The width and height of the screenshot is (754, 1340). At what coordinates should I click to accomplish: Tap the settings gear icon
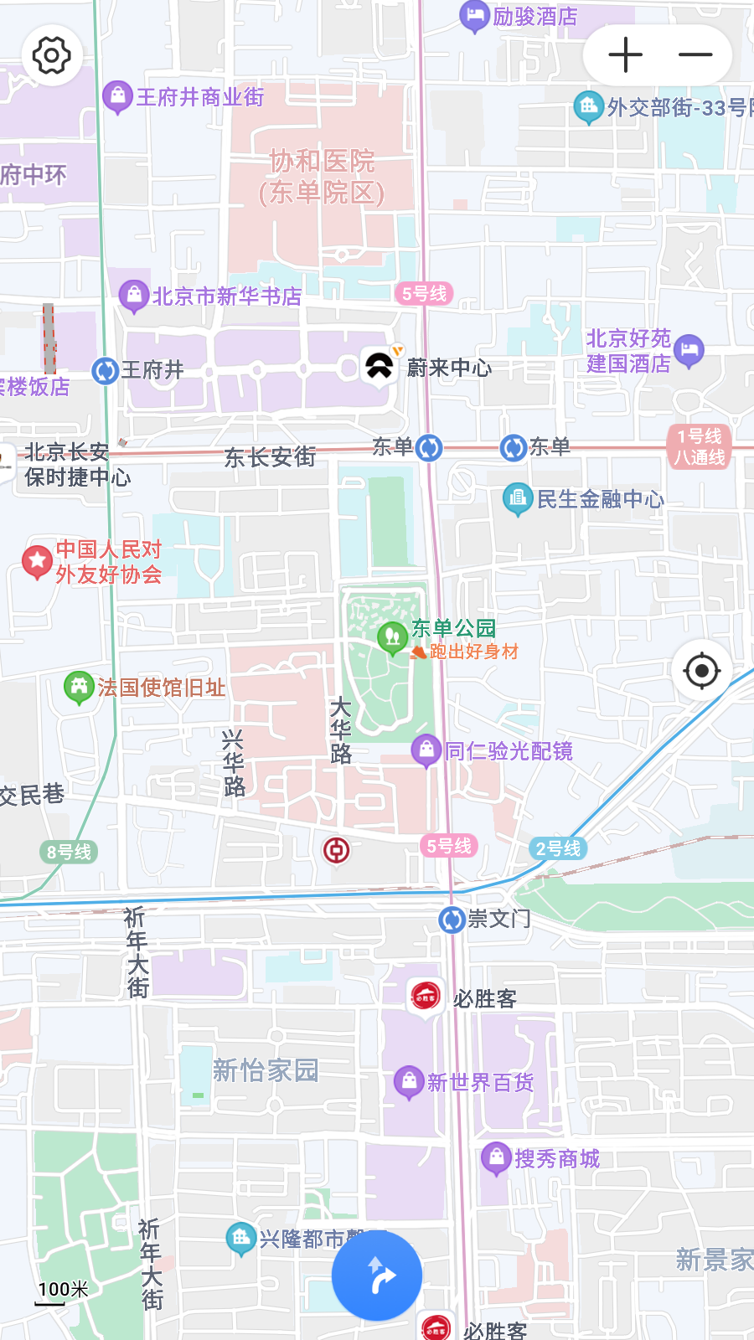[x=52, y=56]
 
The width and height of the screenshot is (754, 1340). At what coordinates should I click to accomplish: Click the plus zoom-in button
[x=625, y=55]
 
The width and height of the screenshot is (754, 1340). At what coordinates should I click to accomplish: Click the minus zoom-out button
[x=695, y=55]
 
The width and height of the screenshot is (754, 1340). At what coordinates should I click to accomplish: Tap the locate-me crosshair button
[x=702, y=670]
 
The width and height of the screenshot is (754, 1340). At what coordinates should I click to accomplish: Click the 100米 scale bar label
[x=63, y=1290]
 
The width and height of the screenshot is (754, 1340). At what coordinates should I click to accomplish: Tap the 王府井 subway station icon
[x=105, y=370]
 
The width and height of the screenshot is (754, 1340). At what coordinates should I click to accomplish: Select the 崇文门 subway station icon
[x=452, y=920]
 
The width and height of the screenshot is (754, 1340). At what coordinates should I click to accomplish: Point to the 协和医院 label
[x=322, y=177]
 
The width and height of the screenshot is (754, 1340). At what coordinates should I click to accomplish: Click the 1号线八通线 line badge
[x=700, y=446]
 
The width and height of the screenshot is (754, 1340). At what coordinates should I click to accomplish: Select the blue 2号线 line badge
[x=558, y=848]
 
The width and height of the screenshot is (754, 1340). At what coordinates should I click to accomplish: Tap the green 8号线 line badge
[x=69, y=852]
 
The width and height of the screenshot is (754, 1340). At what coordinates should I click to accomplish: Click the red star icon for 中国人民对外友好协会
[x=37, y=561]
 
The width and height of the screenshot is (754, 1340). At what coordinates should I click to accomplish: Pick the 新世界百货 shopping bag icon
[x=409, y=1081]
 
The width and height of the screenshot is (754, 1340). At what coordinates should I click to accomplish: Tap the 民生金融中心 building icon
[x=518, y=499]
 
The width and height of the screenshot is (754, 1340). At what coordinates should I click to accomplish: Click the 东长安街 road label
[x=270, y=457]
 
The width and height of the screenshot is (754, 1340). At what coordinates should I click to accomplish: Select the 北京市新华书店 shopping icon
[x=134, y=295]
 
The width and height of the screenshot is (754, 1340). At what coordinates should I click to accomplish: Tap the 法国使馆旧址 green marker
[x=79, y=688]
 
